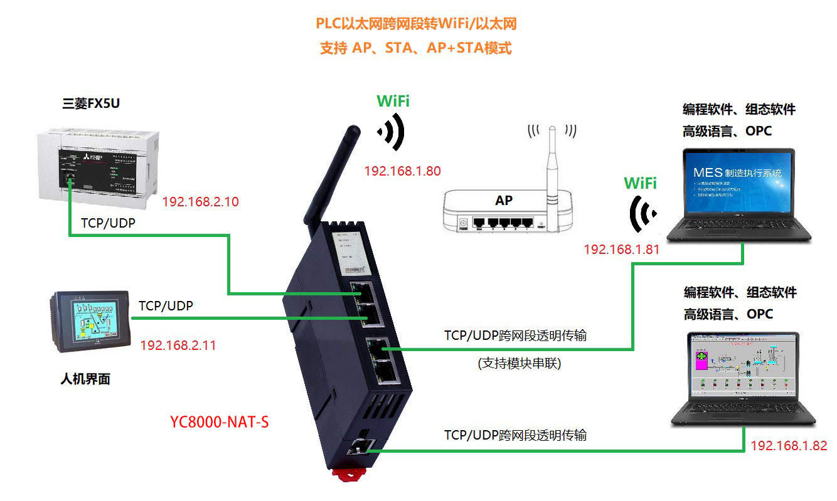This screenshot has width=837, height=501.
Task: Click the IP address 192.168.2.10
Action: click(200, 202)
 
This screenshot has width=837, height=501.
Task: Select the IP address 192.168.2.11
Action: click(178, 345)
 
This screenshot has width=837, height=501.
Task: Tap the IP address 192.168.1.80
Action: click(402, 171)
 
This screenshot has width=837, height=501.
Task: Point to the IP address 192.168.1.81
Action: click(621, 249)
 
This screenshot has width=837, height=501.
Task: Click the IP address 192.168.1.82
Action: click(789, 445)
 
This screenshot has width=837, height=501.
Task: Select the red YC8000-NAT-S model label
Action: click(219, 422)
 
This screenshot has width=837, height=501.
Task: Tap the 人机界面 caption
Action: click(85, 379)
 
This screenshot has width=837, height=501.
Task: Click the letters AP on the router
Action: click(503, 201)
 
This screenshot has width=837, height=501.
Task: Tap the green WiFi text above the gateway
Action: click(393, 102)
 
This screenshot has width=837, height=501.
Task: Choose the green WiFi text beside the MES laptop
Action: click(640, 183)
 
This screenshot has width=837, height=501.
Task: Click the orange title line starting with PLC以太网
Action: click(416, 24)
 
